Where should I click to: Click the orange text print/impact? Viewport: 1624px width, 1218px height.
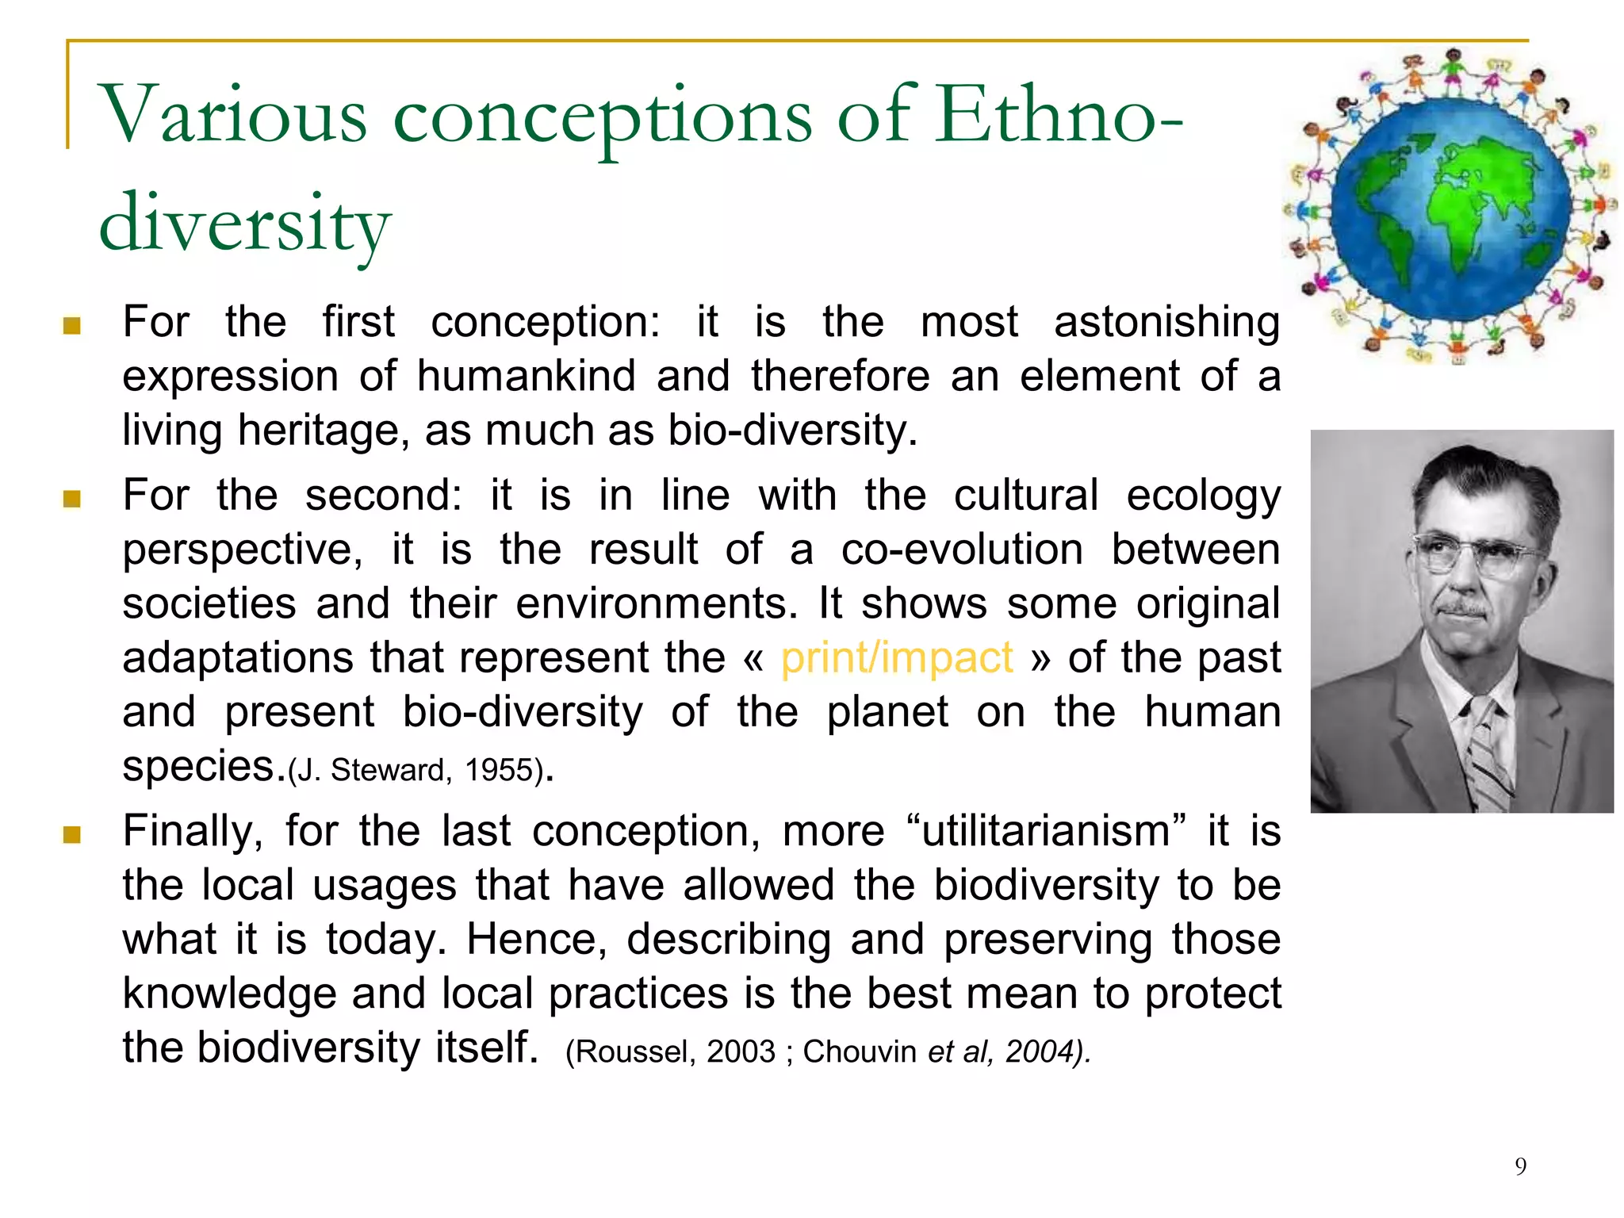coord(897,658)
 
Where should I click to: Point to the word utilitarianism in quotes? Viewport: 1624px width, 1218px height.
coord(1046,832)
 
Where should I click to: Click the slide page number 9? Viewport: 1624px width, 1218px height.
coord(1520,1166)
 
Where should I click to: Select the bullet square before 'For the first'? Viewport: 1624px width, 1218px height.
coord(72,326)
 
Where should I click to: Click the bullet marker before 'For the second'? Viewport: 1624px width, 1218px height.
coord(72,499)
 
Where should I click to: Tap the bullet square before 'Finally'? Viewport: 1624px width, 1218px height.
coord(72,835)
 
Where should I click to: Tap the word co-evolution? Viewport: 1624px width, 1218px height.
coord(962,550)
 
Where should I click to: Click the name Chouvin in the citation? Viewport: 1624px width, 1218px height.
coord(860,1052)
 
